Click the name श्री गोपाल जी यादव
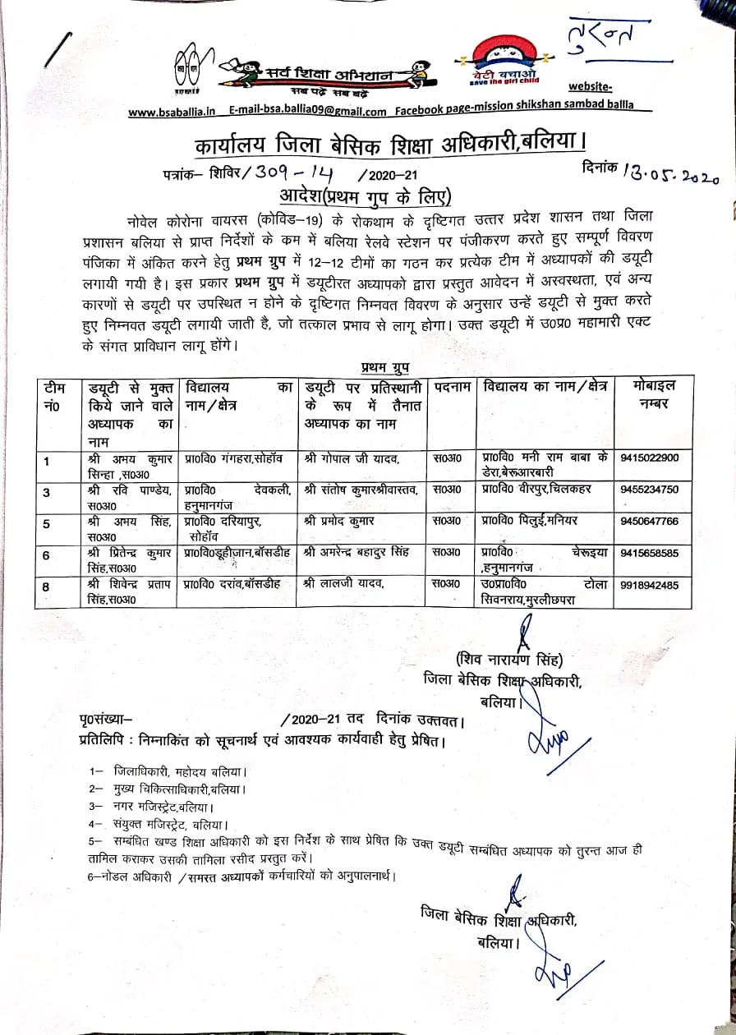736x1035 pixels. [352, 457]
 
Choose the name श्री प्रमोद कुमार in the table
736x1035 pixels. [338, 521]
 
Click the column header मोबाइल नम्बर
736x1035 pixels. [655, 394]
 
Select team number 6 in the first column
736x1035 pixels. [46, 556]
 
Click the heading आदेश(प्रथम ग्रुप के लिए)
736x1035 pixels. [366, 196]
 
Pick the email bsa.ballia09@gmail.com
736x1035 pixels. [308, 112]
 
